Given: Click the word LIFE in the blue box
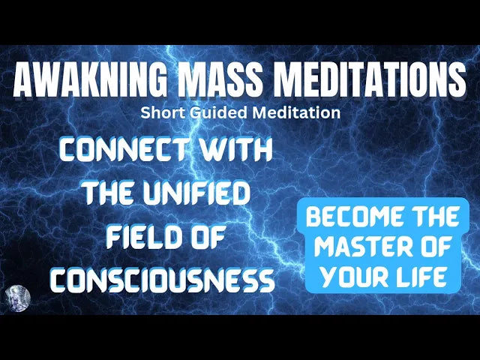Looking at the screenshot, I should pyautogui.click(x=426, y=277).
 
